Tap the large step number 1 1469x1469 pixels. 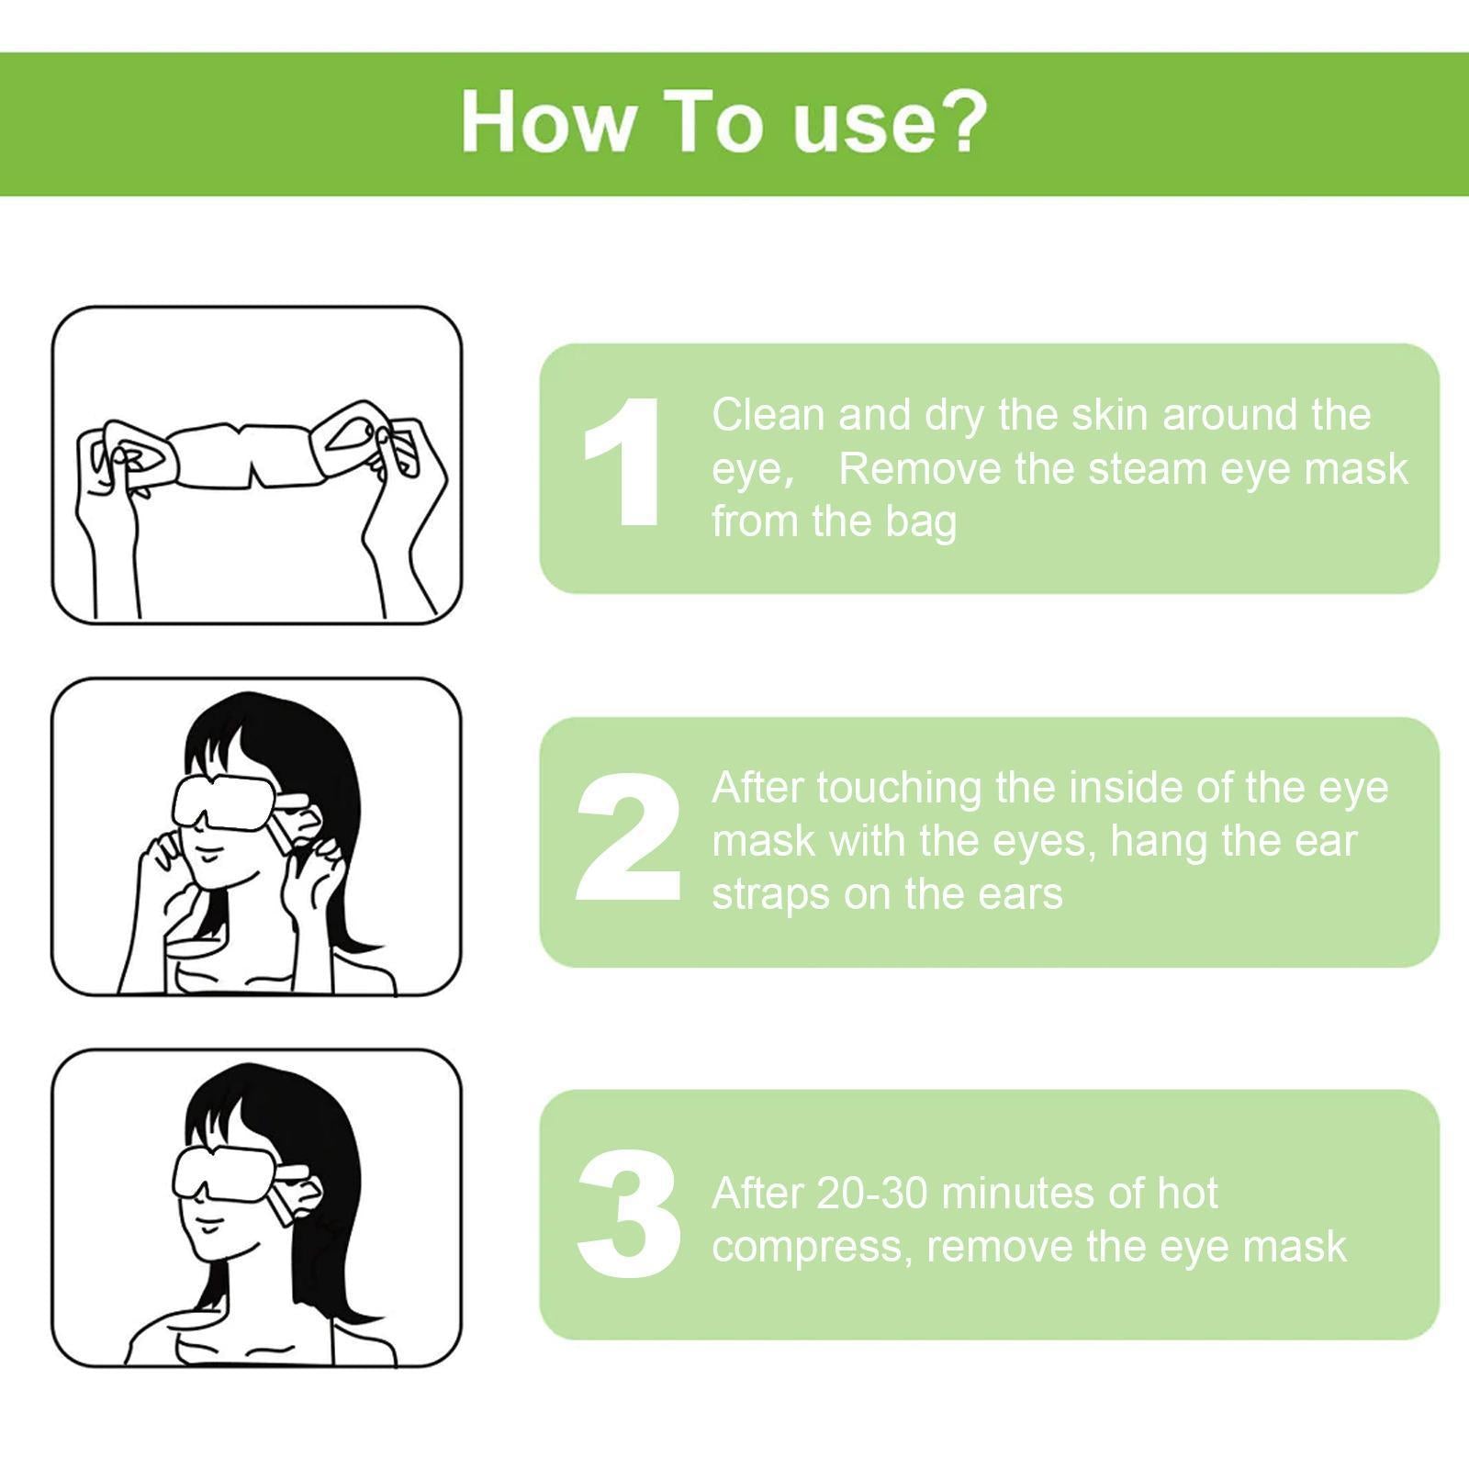(624, 463)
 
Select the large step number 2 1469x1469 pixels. (629, 837)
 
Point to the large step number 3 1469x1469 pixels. (629, 1214)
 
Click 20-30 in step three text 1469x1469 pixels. (872, 1194)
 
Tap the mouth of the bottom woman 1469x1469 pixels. (210, 1227)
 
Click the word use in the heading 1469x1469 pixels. (858, 122)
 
